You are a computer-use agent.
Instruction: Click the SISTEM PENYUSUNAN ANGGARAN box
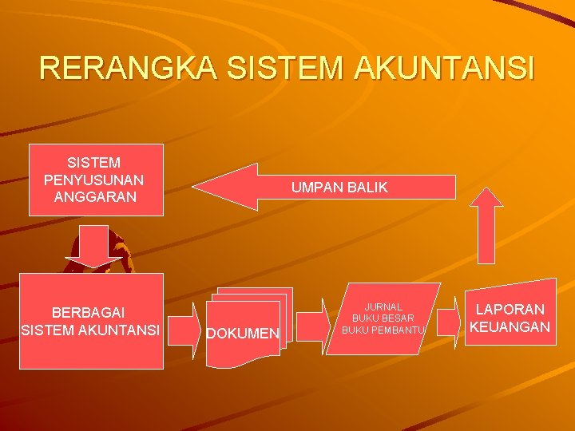point(96,180)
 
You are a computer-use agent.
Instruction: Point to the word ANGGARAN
point(94,196)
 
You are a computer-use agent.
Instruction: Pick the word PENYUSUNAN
point(94,180)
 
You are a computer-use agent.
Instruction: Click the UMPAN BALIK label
point(339,188)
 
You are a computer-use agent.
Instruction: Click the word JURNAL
point(383,306)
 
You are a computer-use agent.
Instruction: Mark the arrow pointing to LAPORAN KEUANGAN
point(449,322)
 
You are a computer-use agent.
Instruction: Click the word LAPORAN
point(510,309)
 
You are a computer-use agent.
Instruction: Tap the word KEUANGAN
point(510,326)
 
